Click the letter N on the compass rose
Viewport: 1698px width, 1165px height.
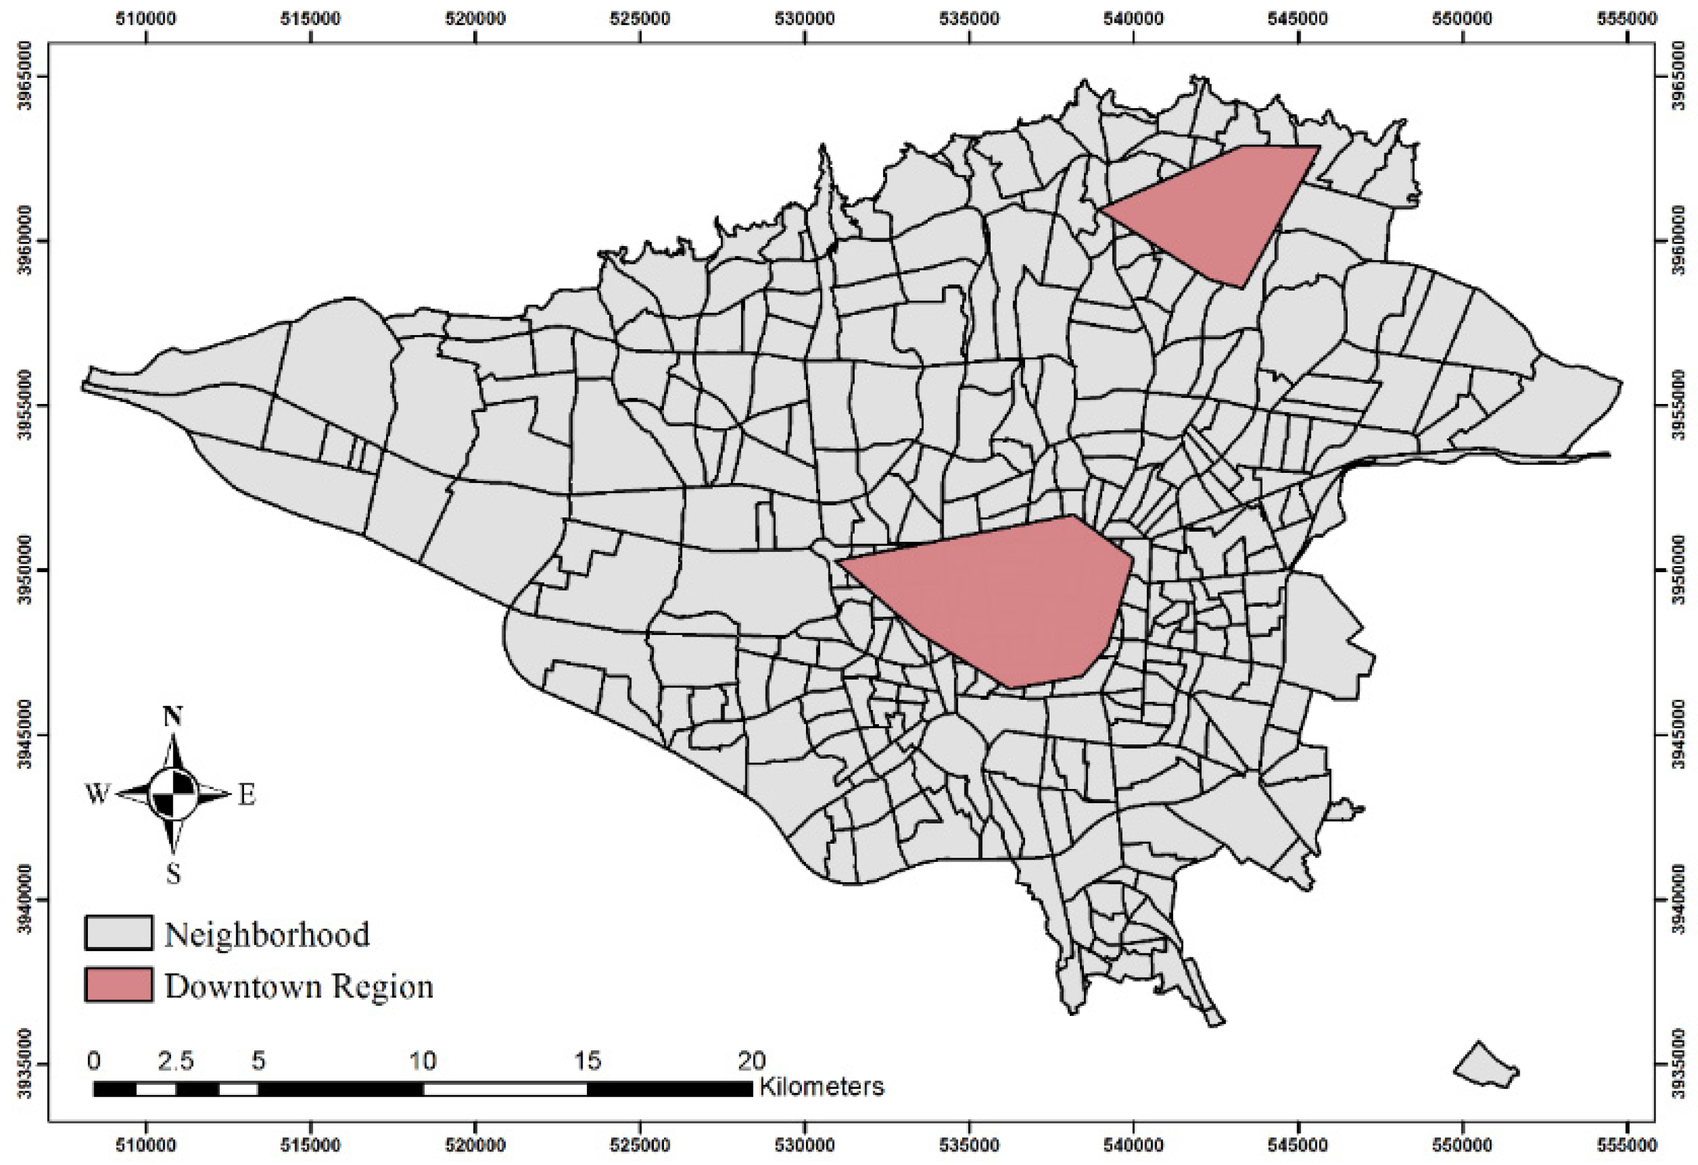[x=172, y=717]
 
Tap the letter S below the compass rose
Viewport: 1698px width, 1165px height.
[x=173, y=873]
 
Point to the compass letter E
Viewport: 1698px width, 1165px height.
[x=247, y=795]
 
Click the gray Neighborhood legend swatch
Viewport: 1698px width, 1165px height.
[x=118, y=933]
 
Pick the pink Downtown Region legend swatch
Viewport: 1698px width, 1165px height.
[x=118, y=984]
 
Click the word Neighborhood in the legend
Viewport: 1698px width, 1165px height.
[x=267, y=934]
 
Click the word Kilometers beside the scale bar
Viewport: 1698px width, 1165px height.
[x=821, y=1087]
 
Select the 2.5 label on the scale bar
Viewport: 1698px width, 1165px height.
[x=176, y=1060]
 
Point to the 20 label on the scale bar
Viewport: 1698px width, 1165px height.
[x=751, y=1060]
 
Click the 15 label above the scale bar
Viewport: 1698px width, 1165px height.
[x=587, y=1060]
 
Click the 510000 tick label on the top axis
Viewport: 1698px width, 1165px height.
[x=146, y=18]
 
